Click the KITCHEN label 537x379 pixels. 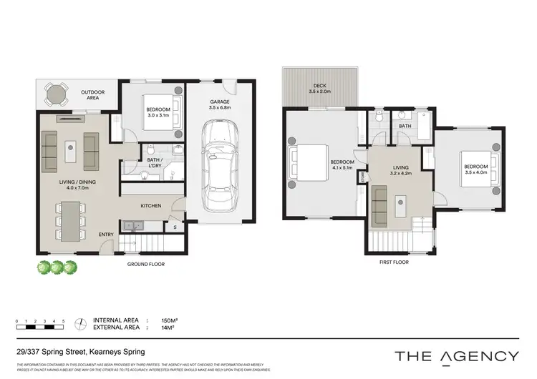click(150, 206)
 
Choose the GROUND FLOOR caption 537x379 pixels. click(147, 265)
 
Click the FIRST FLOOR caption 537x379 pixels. click(394, 262)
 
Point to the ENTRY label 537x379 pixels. click(105, 234)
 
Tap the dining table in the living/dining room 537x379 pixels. click(69, 221)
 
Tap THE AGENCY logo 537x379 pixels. click(456, 355)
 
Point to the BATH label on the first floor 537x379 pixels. click(405, 127)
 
